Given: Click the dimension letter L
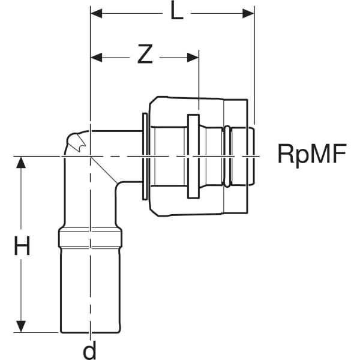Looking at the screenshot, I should tap(176, 11).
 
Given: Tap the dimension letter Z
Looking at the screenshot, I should tap(145, 55).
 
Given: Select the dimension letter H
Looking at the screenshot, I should tap(22, 246).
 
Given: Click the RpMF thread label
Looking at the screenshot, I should tap(312, 155).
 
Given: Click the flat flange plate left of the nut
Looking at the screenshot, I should tap(145, 155).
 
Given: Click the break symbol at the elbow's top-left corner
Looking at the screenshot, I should tap(76, 143).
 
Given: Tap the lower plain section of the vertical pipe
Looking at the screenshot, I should tap(90, 288).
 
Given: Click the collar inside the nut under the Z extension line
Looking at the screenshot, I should tap(193, 156).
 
